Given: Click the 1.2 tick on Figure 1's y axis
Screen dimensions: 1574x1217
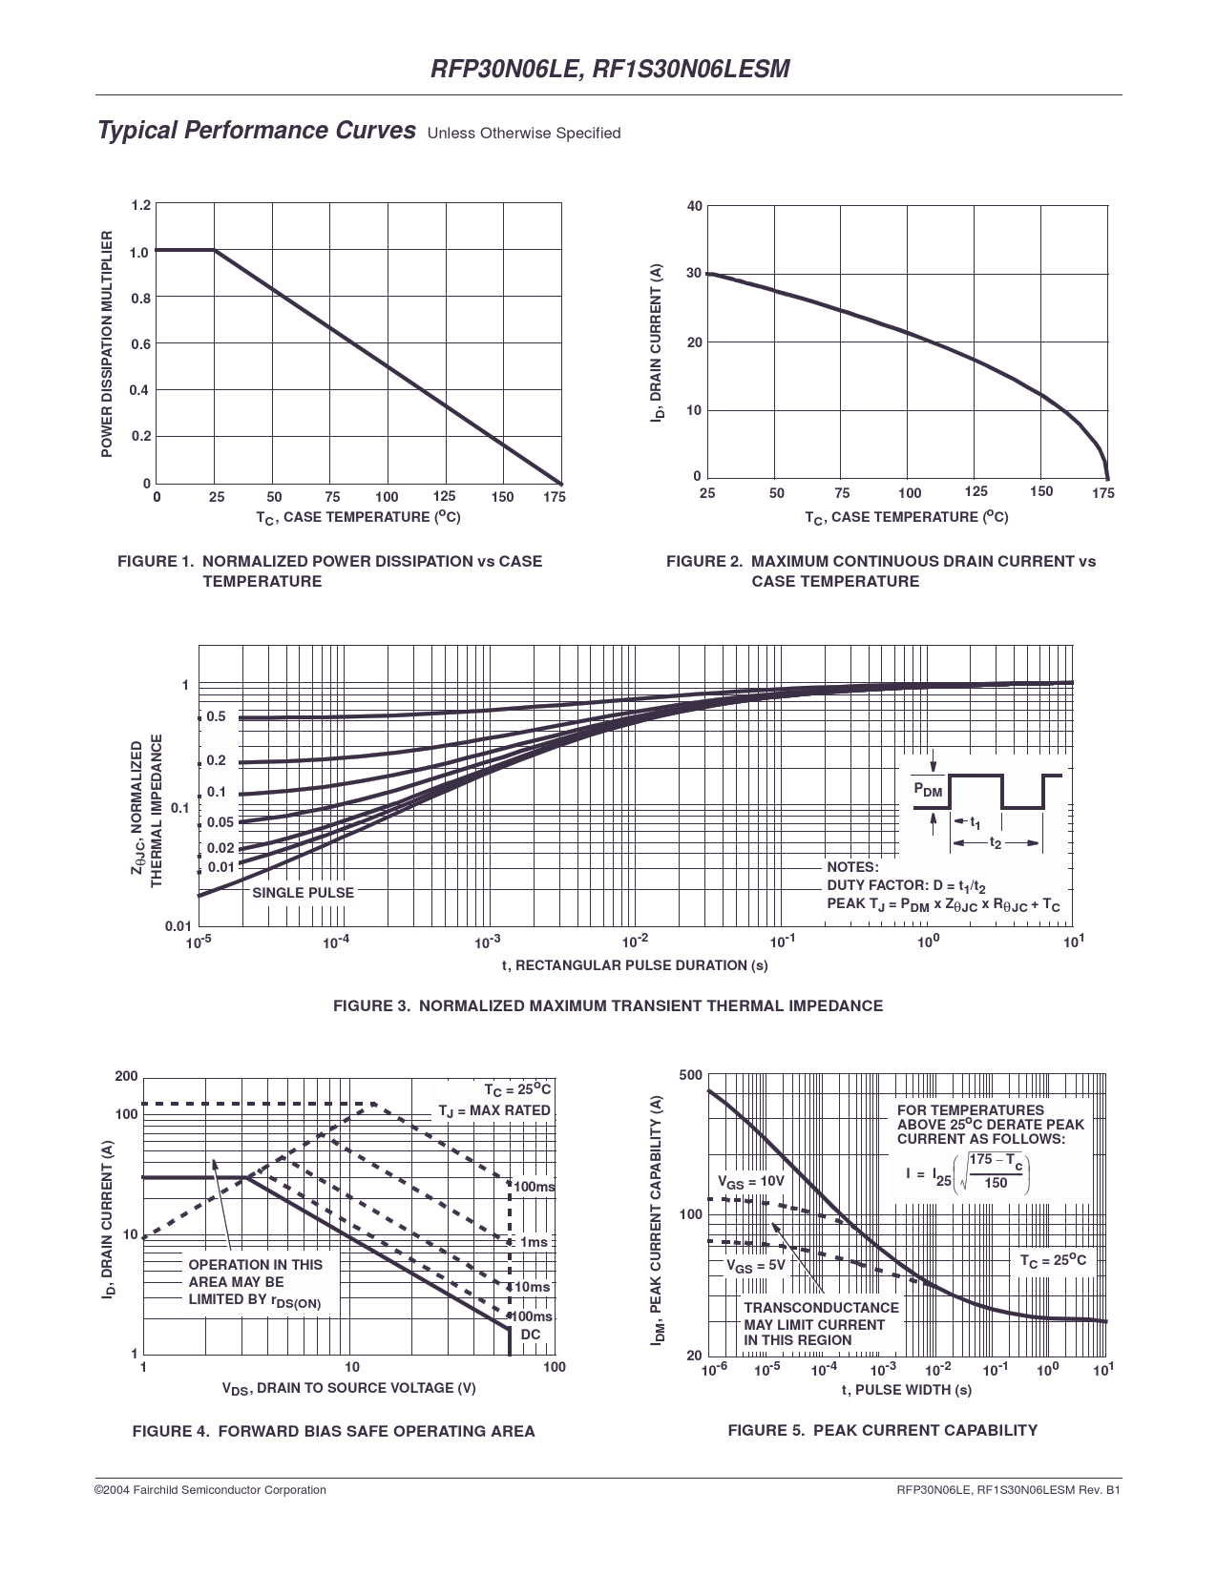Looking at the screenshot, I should click(x=140, y=206).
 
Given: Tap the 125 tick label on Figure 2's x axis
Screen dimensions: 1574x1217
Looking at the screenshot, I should click(x=976, y=491).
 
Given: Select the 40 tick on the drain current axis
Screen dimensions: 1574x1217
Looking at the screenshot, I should click(x=694, y=207).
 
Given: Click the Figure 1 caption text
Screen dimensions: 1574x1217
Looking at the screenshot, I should click(x=329, y=570).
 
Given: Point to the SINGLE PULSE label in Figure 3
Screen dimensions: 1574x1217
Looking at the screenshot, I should click(x=303, y=893).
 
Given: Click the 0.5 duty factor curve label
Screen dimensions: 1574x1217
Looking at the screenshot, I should click(x=217, y=716).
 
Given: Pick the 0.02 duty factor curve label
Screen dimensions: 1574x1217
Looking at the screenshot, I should click(x=220, y=848).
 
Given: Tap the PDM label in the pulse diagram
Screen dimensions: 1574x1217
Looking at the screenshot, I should click(x=928, y=791).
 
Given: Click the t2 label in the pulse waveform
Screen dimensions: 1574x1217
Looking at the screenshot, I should click(x=996, y=843).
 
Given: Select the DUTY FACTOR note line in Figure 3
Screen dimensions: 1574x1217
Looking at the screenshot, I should click(x=906, y=885).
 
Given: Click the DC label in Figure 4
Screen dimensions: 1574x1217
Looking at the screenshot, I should click(x=531, y=1335).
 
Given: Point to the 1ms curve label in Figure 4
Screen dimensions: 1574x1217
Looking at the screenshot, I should click(x=533, y=1242).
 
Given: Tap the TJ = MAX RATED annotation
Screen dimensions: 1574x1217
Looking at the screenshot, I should click(x=494, y=1110).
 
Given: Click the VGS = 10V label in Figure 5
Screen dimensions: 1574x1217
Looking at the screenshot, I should click(x=750, y=1181).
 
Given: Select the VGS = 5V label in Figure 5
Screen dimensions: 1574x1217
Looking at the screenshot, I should click(x=756, y=1266).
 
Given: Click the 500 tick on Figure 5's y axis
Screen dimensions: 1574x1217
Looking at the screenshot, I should click(x=691, y=1076).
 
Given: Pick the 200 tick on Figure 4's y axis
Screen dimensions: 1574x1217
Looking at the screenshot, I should click(x=126, y=1077).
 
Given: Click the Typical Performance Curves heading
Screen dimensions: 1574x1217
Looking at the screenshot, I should click(x=257, y=131).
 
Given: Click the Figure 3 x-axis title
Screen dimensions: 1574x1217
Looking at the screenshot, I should click(x=635, y=965).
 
